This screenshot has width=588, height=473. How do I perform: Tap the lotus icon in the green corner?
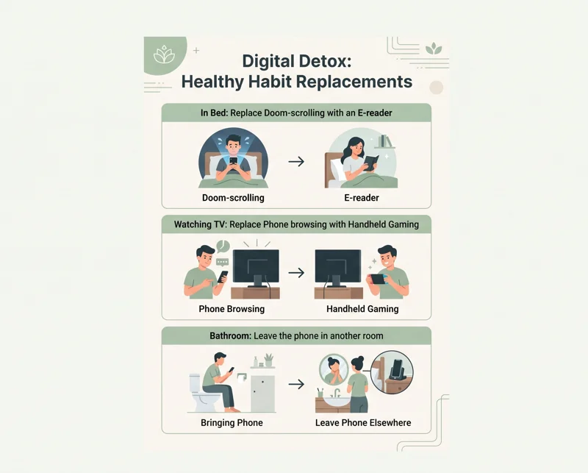(164, 54)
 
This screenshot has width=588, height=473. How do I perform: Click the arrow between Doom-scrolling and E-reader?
(296, 162)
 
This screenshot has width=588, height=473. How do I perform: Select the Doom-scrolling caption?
(233, 198)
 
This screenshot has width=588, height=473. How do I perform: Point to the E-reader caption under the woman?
(362, 198)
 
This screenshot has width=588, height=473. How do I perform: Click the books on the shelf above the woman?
(384, 141)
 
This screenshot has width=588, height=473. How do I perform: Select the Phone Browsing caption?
(232, 309)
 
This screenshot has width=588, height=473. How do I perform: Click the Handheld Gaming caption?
(362, 309)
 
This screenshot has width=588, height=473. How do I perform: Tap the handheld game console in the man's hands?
(378, 280)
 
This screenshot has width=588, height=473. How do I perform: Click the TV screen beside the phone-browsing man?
(256, 266)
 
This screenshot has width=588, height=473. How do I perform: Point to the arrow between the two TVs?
(296, 273)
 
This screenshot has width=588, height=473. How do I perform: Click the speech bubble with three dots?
(223, 262)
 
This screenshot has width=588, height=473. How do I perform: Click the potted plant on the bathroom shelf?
(268, 360)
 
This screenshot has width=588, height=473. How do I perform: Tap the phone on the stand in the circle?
(397, 371)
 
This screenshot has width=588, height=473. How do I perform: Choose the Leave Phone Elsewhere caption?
(363, 423)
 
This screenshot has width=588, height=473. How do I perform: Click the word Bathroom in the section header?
(230, 335)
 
